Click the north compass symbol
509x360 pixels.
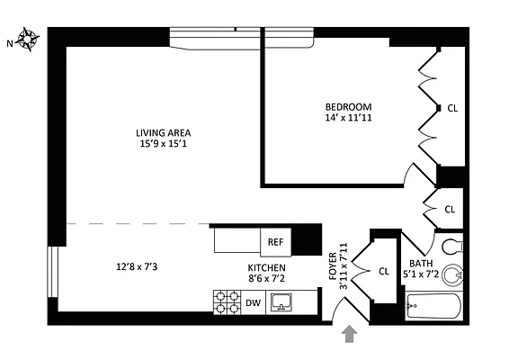(28, 39)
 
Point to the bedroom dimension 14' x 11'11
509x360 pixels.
(347, 118)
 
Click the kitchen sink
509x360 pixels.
(282, 303)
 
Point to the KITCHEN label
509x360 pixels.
(267, 268)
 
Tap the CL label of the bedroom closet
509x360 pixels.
(452, 108)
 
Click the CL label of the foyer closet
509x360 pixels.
(383, 271)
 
